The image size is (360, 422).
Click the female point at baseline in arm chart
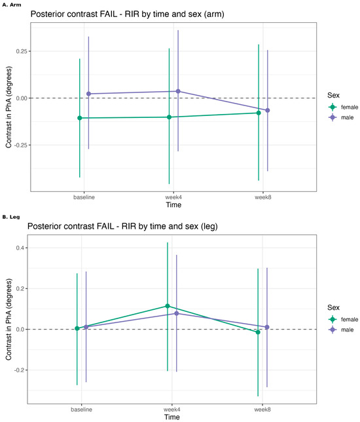click(80, 118)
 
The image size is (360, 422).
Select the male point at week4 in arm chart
click(178, 91)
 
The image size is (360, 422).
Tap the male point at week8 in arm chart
click(268, 110)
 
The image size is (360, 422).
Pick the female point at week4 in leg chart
click(168, 306)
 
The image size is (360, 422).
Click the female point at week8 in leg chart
click(258, 332)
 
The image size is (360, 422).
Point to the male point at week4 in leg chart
click(177, 313)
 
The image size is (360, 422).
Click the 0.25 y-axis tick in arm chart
click(22, 51)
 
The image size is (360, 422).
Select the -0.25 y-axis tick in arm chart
click(21, 145)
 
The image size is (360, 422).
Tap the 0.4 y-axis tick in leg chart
click(20, 248)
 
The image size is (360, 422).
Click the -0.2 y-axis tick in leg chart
click(19, 370)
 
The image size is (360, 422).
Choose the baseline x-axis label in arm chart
click(84, 197)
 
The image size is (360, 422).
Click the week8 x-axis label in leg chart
click(262, 410)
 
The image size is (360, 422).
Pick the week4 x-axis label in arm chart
click(173, 197)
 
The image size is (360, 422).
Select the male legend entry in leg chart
click(341, 330)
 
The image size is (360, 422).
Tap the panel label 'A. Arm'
click(12, 5)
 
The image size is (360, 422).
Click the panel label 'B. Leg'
click(11, 217)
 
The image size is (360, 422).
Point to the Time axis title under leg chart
click(172, 417)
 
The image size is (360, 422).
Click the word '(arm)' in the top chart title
click(214, 14)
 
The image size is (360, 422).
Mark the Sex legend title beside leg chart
click(333, 307)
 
